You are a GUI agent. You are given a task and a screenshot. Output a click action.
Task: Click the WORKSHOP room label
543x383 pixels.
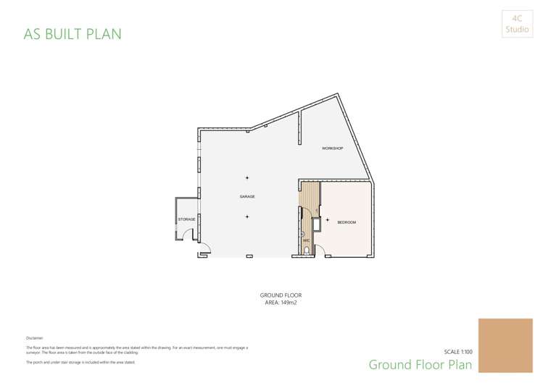[x=332, y=148]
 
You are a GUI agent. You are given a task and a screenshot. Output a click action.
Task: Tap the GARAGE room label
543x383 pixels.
[x=247, y=196]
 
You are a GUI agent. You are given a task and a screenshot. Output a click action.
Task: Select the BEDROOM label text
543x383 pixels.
[x=347, y=222]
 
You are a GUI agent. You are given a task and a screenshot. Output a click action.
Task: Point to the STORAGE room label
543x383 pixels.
[x=186, y=219]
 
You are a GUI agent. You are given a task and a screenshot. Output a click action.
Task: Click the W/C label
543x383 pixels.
[x=306, y=240]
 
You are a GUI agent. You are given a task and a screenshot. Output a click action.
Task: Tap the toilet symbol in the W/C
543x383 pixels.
[x=307, y=251]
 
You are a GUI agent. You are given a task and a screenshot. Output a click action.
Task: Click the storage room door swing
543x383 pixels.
[x=187, y=235]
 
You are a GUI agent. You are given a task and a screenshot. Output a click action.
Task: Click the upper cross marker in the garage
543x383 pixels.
[x=247, y=177]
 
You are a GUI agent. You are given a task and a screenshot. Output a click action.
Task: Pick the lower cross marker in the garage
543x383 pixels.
[x=247, y=216]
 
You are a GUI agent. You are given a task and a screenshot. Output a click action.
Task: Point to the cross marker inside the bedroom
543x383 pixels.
[x=328, y=219]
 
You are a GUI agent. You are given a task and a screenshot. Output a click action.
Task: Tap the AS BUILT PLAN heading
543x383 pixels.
[x=72, y=34]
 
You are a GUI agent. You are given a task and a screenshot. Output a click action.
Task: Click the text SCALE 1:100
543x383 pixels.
[x=458, y=351]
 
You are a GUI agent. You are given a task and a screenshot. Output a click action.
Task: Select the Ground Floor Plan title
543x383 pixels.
[x=420, y=364]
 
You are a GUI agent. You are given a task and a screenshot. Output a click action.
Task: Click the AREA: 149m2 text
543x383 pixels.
[x=281, y=303]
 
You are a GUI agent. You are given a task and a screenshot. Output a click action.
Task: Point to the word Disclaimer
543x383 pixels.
[x=35, y=338]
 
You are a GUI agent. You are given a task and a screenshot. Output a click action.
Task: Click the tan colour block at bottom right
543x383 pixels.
[x=505, y=345]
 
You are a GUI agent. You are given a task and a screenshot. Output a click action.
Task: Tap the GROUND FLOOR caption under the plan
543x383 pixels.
[x=281, y=295]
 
